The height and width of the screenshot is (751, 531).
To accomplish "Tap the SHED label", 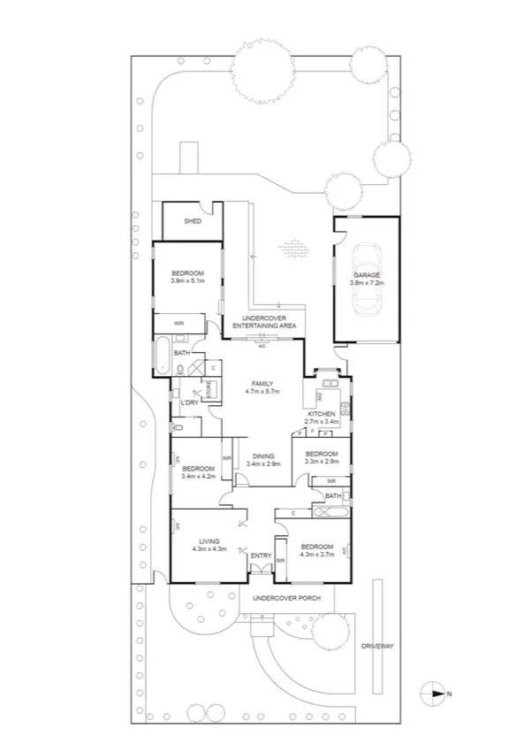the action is point(192,221).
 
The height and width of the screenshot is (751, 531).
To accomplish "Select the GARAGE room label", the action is point(366,275).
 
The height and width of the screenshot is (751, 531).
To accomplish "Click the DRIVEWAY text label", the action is point(377,647).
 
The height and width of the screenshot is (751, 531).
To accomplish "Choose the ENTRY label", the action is point(261,556).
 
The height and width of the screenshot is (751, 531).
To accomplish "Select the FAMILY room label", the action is point(262,383).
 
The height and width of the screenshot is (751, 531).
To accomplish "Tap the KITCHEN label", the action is point(320,414).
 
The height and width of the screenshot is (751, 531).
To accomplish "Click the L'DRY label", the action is point(187,403).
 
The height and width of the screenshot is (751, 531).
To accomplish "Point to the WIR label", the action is point(178,324).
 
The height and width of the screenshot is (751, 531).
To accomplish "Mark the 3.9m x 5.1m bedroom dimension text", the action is point(187,281).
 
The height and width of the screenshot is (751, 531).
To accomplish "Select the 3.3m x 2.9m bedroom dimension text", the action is point(322,462).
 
